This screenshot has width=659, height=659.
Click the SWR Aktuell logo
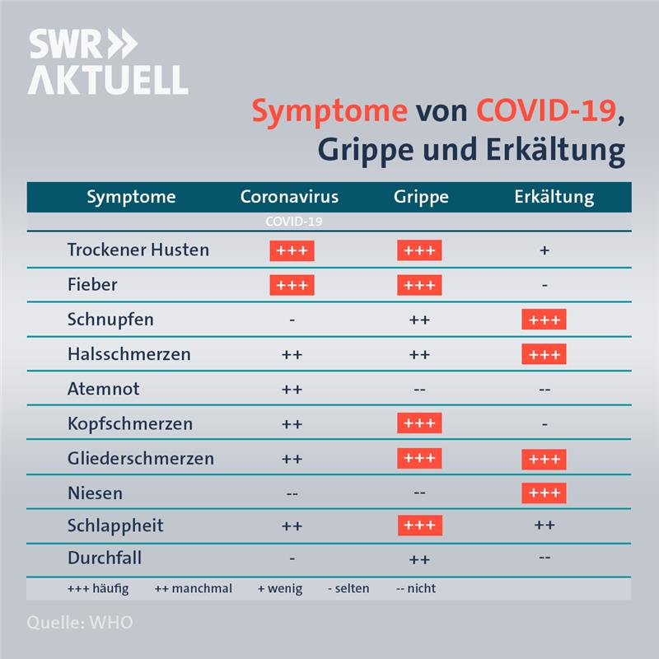coord(108,61)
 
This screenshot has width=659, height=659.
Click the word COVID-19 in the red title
coord(546,110)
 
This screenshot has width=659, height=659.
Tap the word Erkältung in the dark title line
coord(555,150)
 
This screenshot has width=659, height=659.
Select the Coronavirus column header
coord(289,197)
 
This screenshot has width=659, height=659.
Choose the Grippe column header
coord(421,197)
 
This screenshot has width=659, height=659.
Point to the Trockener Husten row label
coord(138,250)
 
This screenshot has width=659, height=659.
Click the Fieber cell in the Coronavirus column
coord(292,285)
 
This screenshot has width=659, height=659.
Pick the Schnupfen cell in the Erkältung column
coord(544,320)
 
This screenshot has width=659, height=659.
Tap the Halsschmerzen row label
coord(129,354)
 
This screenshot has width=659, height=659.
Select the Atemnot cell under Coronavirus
coord(292,390)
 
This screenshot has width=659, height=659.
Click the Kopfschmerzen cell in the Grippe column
coord(419,423)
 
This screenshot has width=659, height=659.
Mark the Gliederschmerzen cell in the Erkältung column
coord(544,459)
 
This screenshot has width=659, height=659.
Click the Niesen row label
coord(95,493)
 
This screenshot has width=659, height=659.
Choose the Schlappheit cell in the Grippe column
coord(420,526)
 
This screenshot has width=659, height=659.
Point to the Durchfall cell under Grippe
coord(419,560)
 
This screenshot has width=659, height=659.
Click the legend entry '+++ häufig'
coord(98,588)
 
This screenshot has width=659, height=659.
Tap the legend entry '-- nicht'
coord(416,588)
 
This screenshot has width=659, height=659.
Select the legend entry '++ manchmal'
coord(194,588)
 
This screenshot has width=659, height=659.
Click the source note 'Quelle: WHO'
coord(80,623)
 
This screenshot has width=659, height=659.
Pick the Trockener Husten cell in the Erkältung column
coord(544,250)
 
